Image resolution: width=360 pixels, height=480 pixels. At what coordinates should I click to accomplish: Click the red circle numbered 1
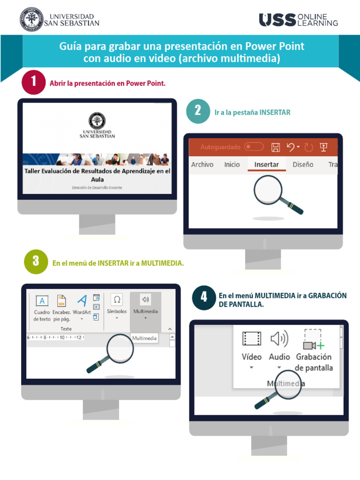pos(33,83)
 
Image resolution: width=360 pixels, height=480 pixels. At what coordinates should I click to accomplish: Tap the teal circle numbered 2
pos(198,112)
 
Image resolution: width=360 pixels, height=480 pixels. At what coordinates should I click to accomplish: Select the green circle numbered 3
pos(36,262)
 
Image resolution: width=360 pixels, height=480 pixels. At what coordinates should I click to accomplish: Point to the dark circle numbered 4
pos(204,297)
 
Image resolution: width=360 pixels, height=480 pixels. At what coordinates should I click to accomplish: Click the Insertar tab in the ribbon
pos(266,165)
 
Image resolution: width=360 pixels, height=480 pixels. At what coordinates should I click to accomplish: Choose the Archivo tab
pos(202,165)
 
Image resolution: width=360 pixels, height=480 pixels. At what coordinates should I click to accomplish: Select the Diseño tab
pos(303,165)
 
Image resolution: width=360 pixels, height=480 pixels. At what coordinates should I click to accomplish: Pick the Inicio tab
pos(232,165)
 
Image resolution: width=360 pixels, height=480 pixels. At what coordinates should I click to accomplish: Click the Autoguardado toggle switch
pos(254,147)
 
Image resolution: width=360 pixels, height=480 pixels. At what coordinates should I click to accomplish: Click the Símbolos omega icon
pos(117,300)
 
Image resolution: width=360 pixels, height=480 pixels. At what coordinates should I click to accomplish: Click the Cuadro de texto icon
pos(42,301)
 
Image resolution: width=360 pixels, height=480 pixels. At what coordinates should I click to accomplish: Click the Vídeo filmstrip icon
pos(252,339)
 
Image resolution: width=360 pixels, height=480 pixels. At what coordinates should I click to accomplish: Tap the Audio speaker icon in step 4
pos(279,338)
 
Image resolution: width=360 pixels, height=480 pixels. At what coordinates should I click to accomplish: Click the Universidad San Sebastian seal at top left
pos(31,19)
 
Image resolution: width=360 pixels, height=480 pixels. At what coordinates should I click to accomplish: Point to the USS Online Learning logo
pos(298,20)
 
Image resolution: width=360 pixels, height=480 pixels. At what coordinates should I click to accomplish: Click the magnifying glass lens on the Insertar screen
pos(268,189)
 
